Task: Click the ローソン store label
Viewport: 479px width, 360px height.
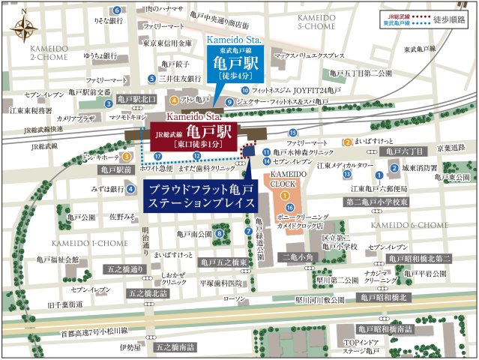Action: tap(235, 299)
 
